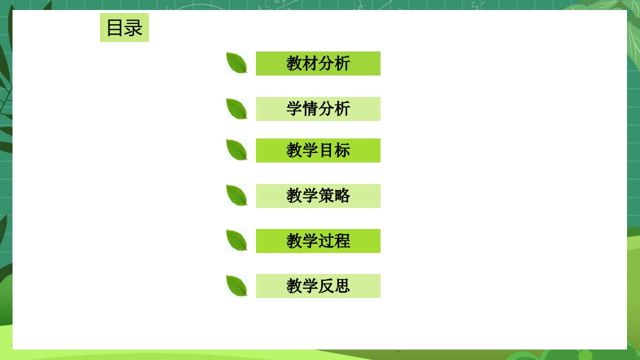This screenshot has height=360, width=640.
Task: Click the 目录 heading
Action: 124,27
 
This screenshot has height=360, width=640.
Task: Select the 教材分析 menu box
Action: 318,63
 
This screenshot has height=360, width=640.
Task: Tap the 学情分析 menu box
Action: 318,109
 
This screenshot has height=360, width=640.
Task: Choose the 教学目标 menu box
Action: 318,150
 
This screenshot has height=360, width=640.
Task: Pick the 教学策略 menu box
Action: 318,196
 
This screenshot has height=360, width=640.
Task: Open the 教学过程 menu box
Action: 318,241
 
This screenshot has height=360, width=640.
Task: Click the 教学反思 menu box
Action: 318,286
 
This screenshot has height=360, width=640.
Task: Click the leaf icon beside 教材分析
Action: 236,63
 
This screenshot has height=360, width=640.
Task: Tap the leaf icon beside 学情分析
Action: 236,108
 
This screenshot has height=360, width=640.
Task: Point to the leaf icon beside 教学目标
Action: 236,150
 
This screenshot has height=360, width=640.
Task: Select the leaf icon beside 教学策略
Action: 236,195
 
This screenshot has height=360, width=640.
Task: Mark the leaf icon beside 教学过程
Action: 236,240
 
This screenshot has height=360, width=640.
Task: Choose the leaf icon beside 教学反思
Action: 236,285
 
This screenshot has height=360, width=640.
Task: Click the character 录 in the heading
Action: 133,28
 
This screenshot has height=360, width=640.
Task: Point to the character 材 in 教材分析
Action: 310,63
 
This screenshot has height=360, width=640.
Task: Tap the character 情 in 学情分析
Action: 310,109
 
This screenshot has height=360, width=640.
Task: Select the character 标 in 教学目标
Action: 342,150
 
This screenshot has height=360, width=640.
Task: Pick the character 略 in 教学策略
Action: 342,196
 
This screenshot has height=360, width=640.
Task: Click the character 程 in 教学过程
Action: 342,241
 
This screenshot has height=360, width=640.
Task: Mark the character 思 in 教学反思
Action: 342,286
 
